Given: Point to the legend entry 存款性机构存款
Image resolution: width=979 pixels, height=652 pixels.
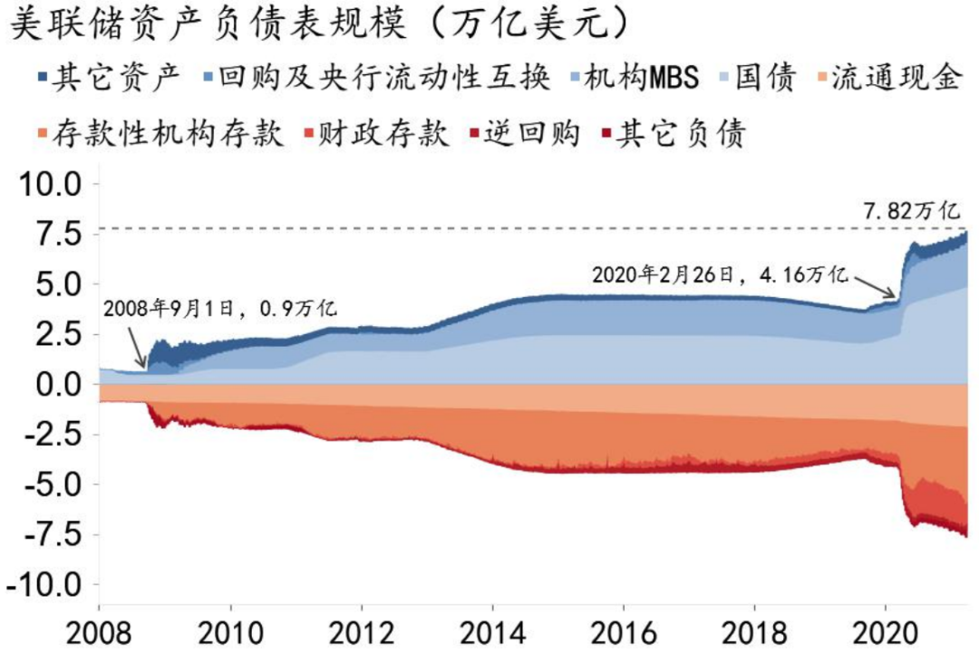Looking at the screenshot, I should pyautogui.click(x=162, y=134).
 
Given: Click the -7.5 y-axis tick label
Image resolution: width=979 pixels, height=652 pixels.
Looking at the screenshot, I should pyautogui.click(x=51, y=535).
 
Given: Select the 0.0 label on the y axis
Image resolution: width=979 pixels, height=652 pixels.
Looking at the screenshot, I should pyautogui.click(x=60, y=385).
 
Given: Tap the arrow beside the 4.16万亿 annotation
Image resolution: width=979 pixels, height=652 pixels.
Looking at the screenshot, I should pyautogui.click(x=878, y=285).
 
